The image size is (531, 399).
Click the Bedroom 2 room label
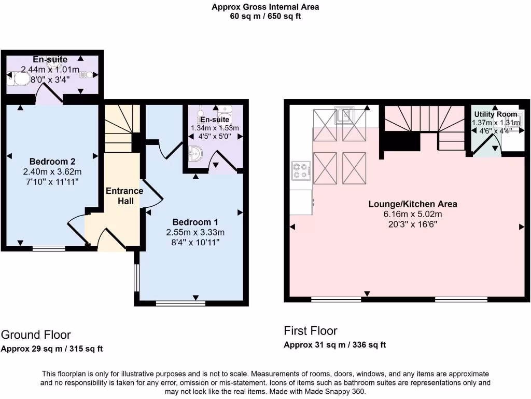52,161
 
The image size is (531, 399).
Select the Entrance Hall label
124,195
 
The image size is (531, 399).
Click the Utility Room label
495,114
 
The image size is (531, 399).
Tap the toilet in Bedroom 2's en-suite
20,79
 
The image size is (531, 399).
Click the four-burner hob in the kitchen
301,171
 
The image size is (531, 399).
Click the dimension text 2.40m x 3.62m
52,171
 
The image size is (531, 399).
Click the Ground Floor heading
36,335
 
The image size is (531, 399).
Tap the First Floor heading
311,331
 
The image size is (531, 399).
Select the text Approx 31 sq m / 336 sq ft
334,345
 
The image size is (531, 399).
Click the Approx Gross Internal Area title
265,7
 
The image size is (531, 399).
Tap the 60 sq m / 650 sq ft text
265,16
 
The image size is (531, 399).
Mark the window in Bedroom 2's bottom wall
49,249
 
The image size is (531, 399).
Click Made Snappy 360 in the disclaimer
338,392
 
